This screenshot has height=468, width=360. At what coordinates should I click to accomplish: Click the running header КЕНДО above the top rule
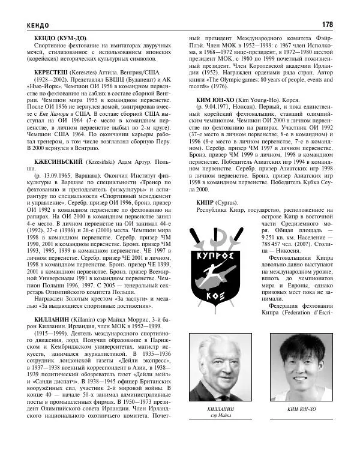[x=31, y=25]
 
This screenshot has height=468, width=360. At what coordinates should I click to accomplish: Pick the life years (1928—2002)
[x=48, y=78]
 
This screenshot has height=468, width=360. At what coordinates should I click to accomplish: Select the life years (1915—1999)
[x=48, y=332]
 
